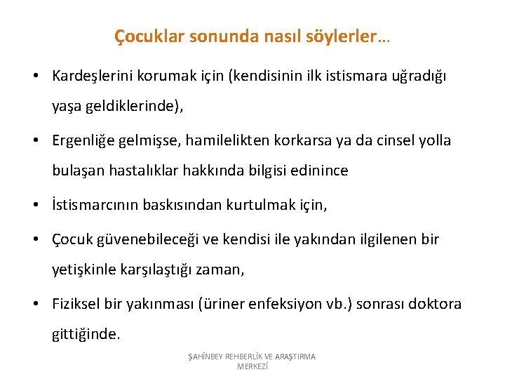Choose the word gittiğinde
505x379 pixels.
(86, 335)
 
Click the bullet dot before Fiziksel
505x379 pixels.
(34, 304)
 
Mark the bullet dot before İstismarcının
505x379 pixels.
(34, 206)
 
